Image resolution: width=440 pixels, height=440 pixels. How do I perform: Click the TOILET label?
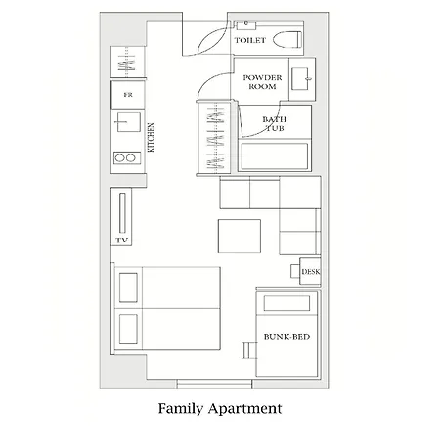[x=250, y=40]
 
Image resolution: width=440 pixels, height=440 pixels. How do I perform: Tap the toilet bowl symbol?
[x=287, y=39]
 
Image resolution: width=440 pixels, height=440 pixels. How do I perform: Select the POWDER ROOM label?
[x=262, y=82]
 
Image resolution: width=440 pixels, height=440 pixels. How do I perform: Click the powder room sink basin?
[x=300, y=78]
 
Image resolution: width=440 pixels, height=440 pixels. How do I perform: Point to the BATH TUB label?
[x=275, y=124]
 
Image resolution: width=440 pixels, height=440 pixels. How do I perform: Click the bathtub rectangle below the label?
[x=275, y=155]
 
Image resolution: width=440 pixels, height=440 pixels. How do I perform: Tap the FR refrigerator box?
[x=128, y=95]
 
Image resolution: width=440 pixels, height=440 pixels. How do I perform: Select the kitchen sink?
[x=129, y=122]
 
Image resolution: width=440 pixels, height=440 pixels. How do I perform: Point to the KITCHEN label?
[x=151, y=137]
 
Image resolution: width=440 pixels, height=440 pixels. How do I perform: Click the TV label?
[x=122, y=241]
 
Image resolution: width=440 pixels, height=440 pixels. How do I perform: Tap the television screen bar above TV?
[x=122, y=213]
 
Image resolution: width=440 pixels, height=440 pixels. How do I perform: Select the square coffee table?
[x=240, y=236]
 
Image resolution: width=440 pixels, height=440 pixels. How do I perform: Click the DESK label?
[x=311, y=272]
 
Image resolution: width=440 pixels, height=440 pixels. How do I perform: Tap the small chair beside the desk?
[x=295, y=271]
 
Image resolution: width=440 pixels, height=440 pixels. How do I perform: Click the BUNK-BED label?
[x=286, y=337]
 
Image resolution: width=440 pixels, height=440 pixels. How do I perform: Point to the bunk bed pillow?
[x=286, y=303]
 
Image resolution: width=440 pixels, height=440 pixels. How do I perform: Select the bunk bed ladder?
[x=249, y=350]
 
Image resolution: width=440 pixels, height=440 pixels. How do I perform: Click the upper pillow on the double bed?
[x=128, y=287]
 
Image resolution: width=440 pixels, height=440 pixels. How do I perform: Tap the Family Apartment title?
[x=220, y=409]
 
